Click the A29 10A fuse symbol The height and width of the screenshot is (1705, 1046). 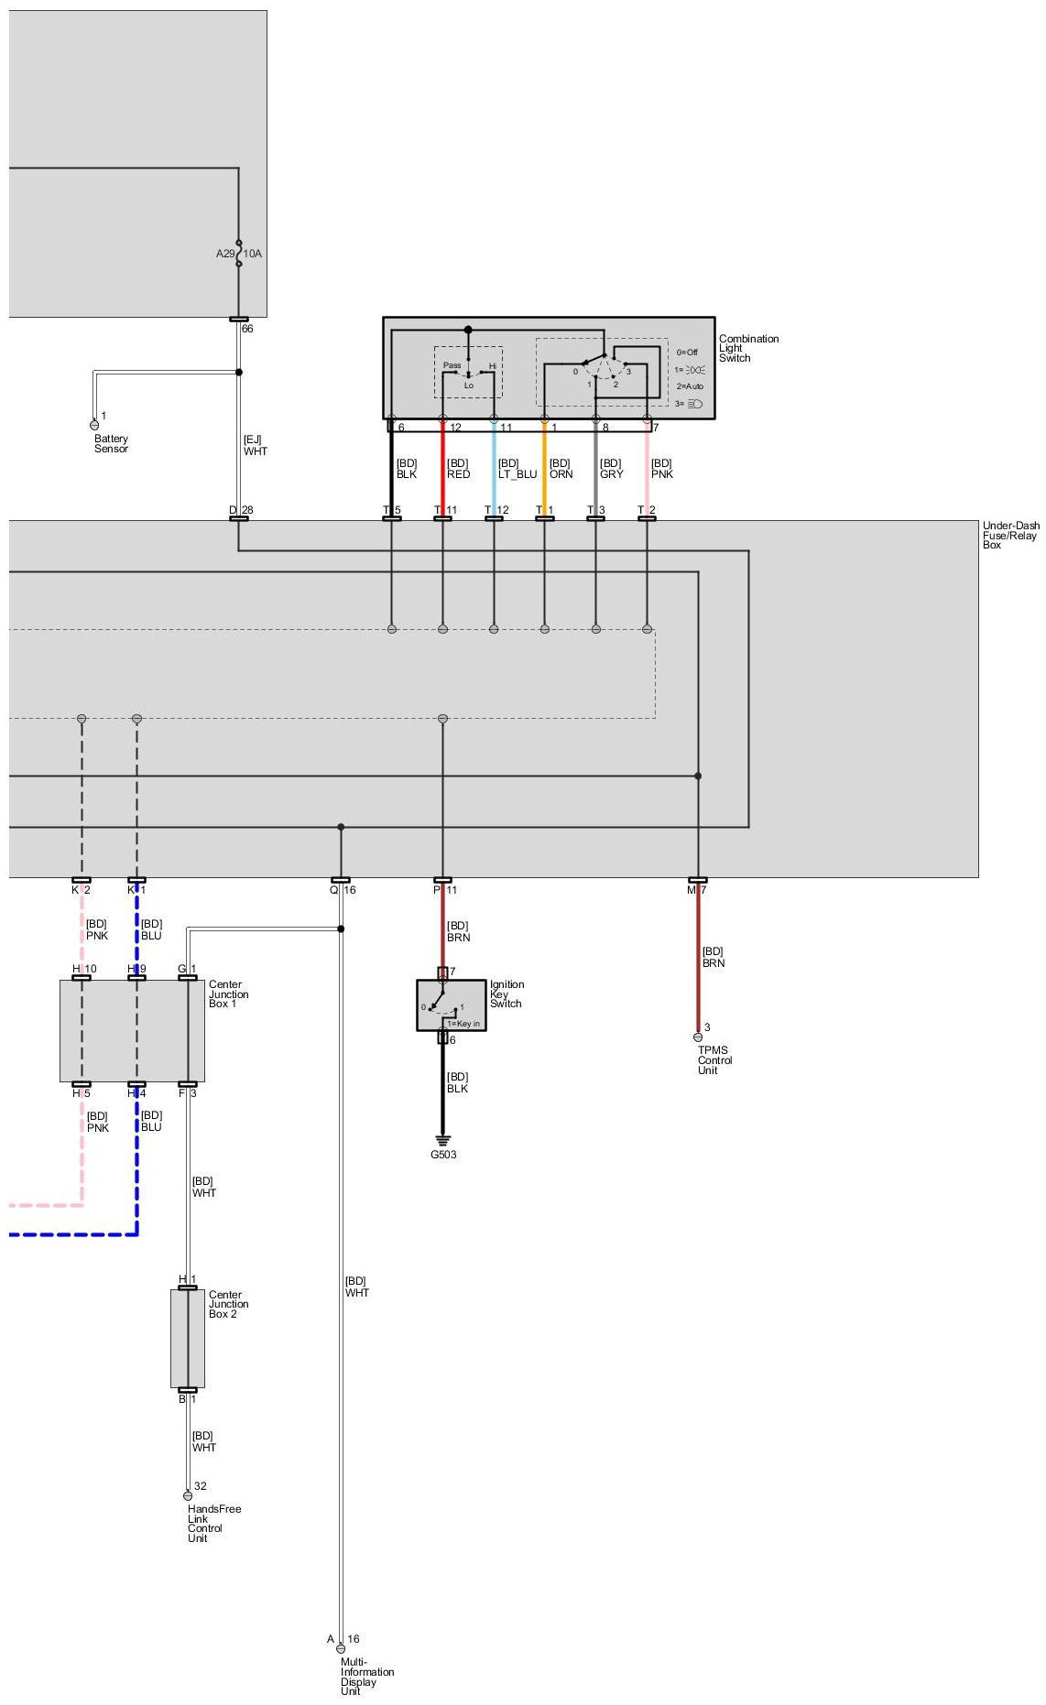click(239, 253)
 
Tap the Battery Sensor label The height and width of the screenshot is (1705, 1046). click(111, 444)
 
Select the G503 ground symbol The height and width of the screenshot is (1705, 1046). click(443, 1141)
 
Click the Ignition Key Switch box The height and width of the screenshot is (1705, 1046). click(452, 1005)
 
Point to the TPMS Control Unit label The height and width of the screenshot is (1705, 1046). click(714, 1060)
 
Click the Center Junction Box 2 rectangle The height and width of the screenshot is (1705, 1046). click(187, 1338)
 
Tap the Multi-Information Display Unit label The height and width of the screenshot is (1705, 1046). click(366, 1676)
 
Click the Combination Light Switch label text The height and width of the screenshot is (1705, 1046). click(748, 348)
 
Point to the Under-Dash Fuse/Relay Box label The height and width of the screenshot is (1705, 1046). click(1010, 535)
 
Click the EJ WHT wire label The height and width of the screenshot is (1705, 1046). click(255, 445)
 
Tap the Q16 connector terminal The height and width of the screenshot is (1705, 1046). click(341, 880)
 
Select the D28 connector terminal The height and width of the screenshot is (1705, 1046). click(239, 518)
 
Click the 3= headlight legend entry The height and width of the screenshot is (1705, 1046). click(689, 403)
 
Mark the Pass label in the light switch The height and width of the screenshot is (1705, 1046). click(452, 365)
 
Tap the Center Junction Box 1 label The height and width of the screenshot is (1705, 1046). click(228, 994)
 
